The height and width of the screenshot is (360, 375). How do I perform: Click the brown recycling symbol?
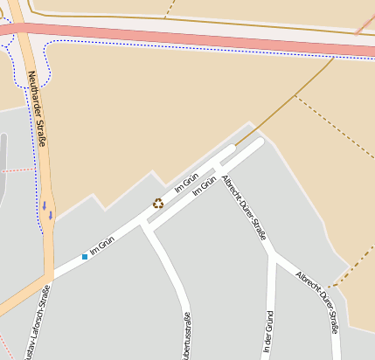tap(158, 203)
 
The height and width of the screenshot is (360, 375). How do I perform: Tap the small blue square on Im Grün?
tap(85, 257)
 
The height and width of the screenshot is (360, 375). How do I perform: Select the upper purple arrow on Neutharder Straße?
tap(44, 205)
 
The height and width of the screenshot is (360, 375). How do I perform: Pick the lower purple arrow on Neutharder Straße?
tap(51, 214)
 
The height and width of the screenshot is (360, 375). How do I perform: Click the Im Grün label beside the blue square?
tap(102, 245)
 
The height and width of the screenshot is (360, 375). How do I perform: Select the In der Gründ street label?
tap(268, 332)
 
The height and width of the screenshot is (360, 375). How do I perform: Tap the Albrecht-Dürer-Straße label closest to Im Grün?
tap(245, 206)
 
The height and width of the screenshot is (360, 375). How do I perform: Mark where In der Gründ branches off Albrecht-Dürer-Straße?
tap(274, 255)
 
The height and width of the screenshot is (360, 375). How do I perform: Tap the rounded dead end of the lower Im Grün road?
tap(259, 142)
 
